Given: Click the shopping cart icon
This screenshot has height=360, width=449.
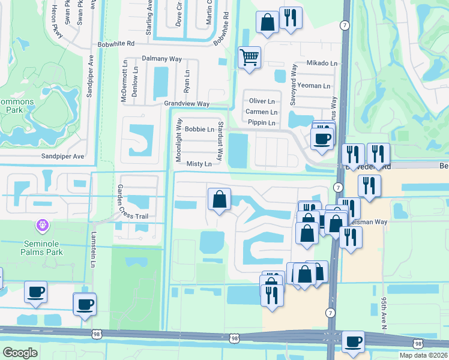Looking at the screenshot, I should [x=249, y=58].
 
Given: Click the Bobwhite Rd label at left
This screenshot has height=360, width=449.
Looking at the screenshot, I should [x=118, y=44].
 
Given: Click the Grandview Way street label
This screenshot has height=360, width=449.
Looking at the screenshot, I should [x=187, y=104].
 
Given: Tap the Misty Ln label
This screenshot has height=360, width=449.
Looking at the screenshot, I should [x=199, y=164].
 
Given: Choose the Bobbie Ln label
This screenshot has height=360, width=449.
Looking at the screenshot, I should [x=199, y=129].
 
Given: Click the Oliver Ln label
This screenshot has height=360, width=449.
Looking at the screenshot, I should [x=262, y=101].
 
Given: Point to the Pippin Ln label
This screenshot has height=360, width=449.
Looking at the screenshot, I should [x=262, y=123].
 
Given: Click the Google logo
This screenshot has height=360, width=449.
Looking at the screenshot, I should [x=20, y=353].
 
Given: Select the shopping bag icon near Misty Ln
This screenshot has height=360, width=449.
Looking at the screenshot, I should [x=220, y=199].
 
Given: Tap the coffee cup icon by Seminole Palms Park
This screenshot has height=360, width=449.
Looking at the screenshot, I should [x=35, y=292].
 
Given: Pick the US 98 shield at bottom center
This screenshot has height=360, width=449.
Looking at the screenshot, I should [x=231, y=338].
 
